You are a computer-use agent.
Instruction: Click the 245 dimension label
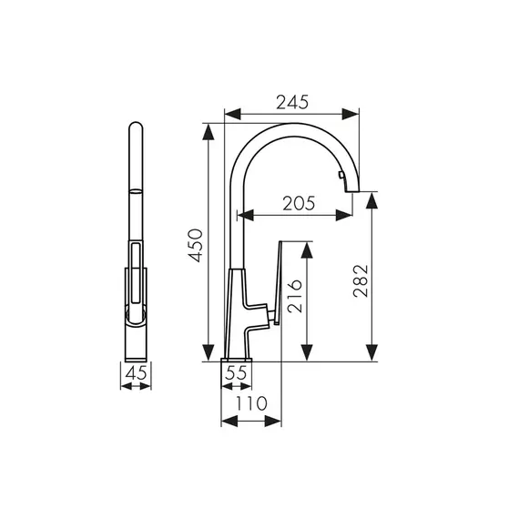pyautogui.click(x=292, y=102)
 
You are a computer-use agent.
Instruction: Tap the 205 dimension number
pyautogui.click(x=299, y=203)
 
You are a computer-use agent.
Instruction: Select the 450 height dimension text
pyautogui.click(x=195, y=245)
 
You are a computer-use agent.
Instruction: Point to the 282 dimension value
pyautogui.click(x=361, y=280)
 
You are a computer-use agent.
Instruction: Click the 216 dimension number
pyautogui.click(x=295, y=296)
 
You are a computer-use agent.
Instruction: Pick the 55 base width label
pyautogui.click(x=236, y=372)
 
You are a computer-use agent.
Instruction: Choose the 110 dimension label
pyautogui.click(x=251, y=403)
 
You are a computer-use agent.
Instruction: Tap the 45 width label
pyautogui.click(x=136, y=373)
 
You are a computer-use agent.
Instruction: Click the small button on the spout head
pyautogui.click(x=341, y=175)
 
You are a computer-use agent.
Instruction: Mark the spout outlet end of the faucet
pyautogui.click(x=352, y=190)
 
